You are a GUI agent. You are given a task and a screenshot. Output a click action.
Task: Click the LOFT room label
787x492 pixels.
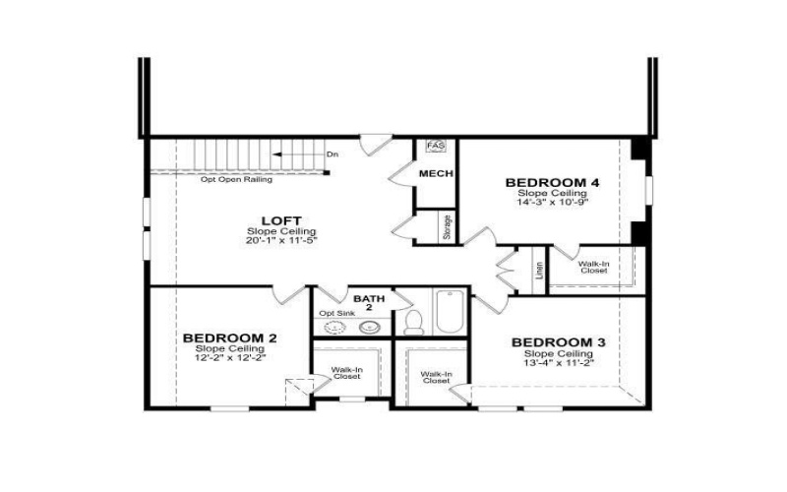click(281, 220)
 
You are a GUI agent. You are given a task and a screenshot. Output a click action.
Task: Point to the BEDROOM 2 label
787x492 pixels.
click(229, 338)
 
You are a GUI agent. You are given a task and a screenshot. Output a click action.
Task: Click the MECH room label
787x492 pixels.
click(435, 174)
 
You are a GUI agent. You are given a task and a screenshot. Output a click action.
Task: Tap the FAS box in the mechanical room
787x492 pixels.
click(435, 147)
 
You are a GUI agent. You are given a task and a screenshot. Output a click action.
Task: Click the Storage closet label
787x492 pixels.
click(447, 227)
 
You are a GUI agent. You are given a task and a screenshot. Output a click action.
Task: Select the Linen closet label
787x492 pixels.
click(538, 270)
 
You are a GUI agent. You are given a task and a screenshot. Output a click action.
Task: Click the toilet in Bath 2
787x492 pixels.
click(414, 321)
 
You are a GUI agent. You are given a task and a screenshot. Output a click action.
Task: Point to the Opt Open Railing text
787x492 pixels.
click(236, 180)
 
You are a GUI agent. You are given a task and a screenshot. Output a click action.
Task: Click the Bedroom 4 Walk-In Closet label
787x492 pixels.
click(593, 268)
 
